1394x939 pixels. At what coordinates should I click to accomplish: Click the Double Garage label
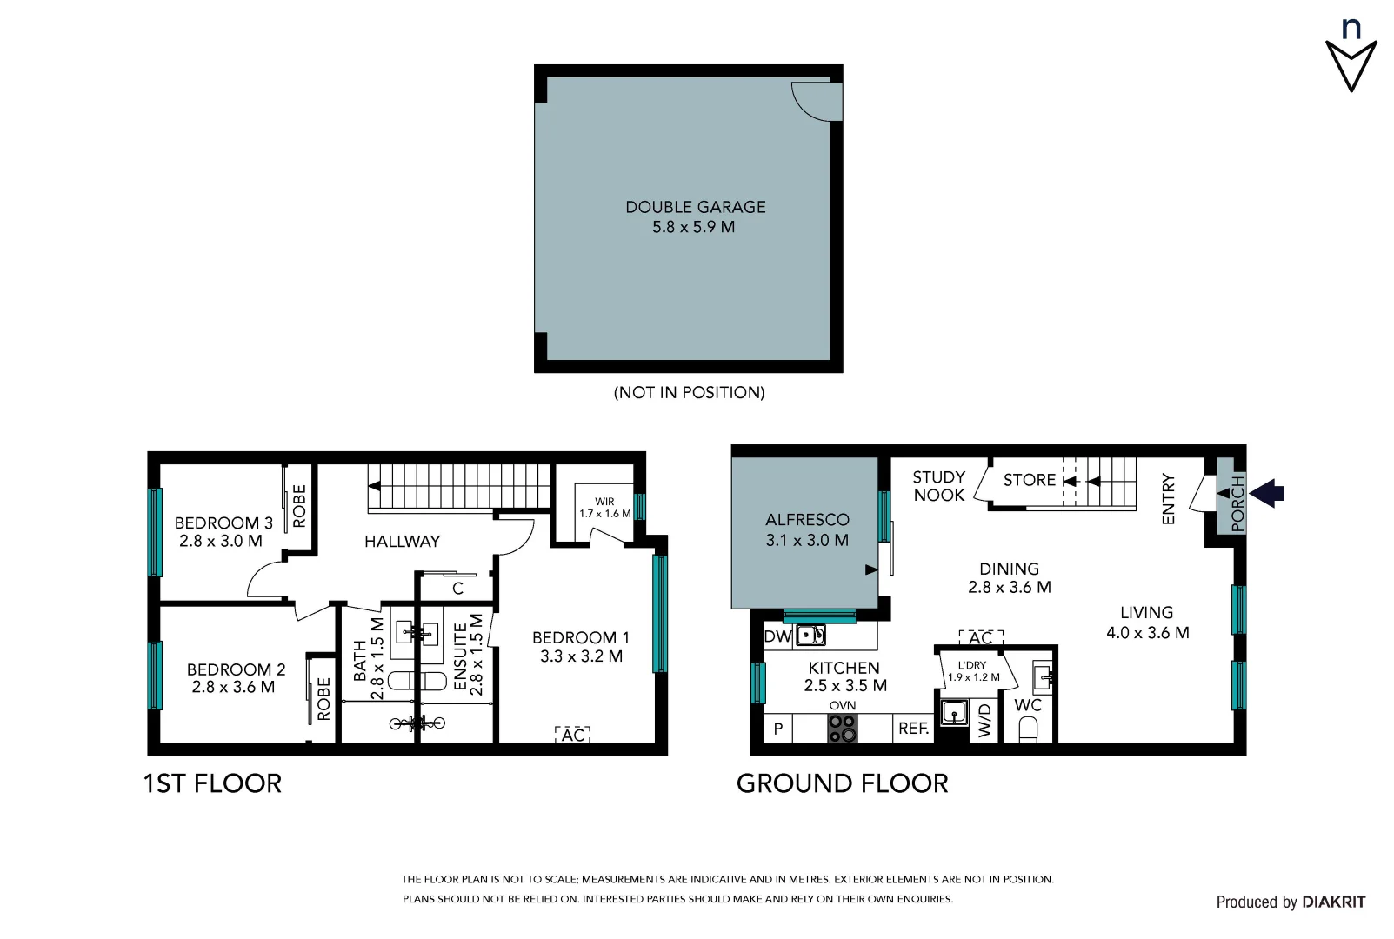(x=695, y=207)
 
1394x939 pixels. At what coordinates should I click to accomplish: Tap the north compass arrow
(x=1351, y=64)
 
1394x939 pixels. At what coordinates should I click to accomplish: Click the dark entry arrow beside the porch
(x=1267, y=493)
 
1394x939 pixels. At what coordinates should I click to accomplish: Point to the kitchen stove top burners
(x=842, y=729)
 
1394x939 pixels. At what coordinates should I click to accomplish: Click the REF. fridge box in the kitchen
(x=913, y=729)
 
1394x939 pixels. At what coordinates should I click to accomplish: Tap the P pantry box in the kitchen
(x=778, y=729)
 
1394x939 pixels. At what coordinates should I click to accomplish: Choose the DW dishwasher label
(x=777, y=636)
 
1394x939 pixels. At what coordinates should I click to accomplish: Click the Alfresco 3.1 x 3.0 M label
(x=807, y=529)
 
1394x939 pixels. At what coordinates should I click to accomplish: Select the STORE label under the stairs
(x=1029, y=480)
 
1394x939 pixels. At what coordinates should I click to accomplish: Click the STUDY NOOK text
(x=938, y=486)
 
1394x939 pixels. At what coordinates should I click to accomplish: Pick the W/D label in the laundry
(x=984, y=722)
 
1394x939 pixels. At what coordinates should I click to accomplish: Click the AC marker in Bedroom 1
(x=572, y=736)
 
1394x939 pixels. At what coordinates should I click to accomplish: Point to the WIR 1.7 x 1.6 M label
(x=604, y=508)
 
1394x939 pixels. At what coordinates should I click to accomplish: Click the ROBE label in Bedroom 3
(x=299, y=506)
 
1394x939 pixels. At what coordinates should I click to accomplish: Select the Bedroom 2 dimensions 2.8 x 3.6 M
(x=233, y=687)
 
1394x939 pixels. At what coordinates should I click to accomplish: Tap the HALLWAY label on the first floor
(x=402, y=542)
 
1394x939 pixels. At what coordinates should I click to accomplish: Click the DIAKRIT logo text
(x=1333, y=902)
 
